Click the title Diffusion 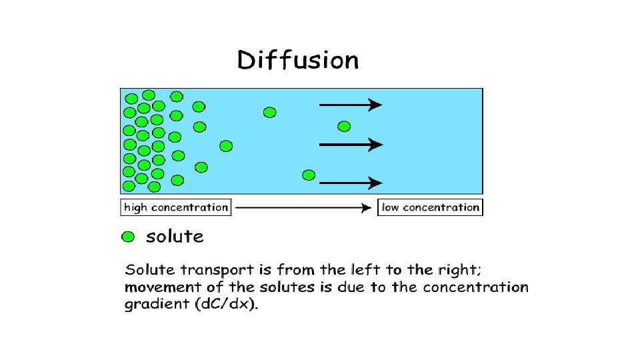(x=298, y=61)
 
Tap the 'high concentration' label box (x=176, y=207)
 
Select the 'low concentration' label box (x=430, y=207)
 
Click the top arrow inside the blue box (x=351, y=105)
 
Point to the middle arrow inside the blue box (x=351, y=144)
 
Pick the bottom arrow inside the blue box (x=351, y=182)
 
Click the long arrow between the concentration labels (x=303, y=207)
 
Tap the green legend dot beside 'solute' (x=128, y=237)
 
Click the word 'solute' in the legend (x=175, y=236)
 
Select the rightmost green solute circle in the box (x=344, y=126)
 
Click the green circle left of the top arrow (x=269, y=112)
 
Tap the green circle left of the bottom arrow (x=308, y=175)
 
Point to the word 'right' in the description (x=454, y=271)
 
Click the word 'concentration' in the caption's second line (x=475, y=288)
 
